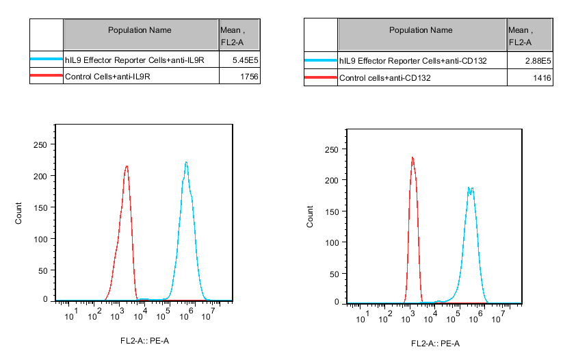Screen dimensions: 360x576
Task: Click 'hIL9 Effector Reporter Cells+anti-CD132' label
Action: pos(413,62)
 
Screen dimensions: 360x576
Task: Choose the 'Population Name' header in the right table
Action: pos(421,30)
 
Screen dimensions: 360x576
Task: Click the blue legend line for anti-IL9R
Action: pos(47,60)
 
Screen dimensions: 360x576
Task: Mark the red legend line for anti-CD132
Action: pos(321,79)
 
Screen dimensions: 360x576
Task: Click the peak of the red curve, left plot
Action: pos(127,166)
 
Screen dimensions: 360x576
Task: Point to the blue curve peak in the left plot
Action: pos(186,162)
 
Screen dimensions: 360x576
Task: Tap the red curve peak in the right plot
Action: pos(413,157)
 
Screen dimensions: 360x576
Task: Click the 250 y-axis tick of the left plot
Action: pos(40,144)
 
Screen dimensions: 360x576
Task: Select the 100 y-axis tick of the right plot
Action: pos(332,243)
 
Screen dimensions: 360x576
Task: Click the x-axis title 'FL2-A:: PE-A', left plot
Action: pos(144,340)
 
